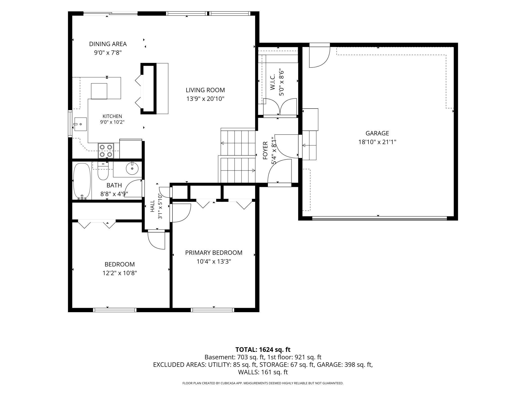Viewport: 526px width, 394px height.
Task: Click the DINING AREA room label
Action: click(108, 44)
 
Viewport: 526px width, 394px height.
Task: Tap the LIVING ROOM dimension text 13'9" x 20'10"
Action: click(205, 99)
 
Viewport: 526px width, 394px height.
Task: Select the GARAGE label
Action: click(377, 133)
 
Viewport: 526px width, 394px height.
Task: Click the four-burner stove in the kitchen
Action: click(106, 151)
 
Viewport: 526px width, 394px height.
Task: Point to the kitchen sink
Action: click(80, 124)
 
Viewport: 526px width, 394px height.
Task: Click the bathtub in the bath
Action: click(82, 181)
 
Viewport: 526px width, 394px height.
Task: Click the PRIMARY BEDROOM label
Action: click(214, 253)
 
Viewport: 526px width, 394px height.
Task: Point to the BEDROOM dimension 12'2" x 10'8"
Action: click(120, 273)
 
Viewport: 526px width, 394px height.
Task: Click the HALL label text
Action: click(152, 206)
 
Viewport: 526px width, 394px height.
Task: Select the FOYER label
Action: click(265, 151)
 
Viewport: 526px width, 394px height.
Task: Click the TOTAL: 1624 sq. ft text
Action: click(263, 350)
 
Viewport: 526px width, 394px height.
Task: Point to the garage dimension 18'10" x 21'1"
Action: click(377, 142)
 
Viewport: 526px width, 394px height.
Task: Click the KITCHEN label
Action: click(112, 116)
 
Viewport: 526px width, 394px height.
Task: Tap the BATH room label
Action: click(114, 185)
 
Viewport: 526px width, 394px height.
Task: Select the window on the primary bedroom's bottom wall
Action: click(212, 310)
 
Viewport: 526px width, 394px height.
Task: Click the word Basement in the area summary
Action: click(220, 357)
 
